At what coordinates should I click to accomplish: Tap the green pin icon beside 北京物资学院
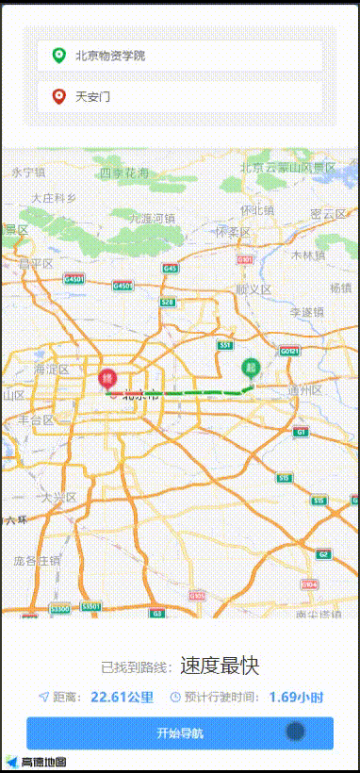59,56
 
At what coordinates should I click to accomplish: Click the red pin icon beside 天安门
59,96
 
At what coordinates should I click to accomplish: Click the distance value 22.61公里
122,698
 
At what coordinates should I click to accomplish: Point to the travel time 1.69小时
296,698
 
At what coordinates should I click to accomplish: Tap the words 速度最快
220,666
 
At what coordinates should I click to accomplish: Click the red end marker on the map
106,380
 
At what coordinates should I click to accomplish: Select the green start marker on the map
251,368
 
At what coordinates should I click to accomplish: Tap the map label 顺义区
254,289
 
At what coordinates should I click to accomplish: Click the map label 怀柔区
232,231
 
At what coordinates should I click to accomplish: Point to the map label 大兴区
57,496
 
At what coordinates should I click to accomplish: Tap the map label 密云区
329,214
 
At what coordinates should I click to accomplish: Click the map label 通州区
305,389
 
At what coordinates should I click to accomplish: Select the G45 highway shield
170,269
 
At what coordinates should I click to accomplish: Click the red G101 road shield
245,259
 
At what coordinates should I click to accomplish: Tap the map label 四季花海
123,173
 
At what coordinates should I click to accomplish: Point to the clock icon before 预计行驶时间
175,698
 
